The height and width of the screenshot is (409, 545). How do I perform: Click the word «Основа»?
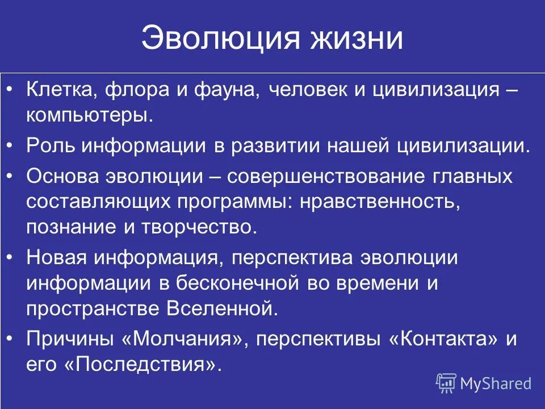point(62,176)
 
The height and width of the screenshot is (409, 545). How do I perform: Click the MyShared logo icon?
point(446,383)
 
